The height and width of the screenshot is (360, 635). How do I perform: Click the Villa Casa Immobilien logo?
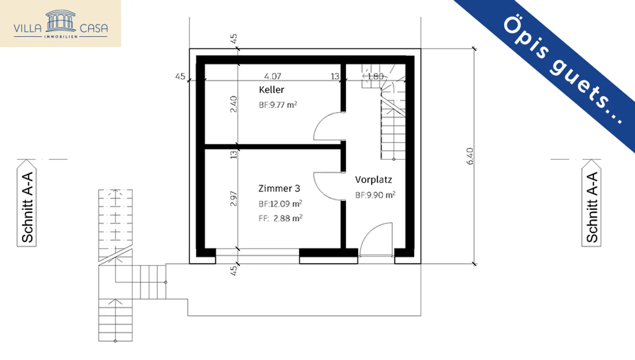(x=60, y=23)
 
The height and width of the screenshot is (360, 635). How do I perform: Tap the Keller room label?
(x=272, y=90)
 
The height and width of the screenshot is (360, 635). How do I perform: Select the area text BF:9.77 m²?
(x=277, y=105)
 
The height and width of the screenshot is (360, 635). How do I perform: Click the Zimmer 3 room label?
(x=279, y=189)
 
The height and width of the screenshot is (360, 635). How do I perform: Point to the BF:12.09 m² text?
(x=280, y=204)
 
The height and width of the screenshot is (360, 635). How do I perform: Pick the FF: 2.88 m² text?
(x=280, y=217)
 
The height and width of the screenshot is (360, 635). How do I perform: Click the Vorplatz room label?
(x=374, y=180)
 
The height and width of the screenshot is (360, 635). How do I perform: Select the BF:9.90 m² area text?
(x=375, y=195)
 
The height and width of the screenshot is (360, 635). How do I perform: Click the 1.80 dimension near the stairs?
(x=375, y=76)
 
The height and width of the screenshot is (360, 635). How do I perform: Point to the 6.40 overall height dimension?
(x=470, y=157)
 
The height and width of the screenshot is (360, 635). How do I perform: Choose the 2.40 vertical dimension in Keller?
(x=234, y=105)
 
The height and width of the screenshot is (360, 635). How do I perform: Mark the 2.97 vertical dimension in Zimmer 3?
(x=234, y=198)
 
